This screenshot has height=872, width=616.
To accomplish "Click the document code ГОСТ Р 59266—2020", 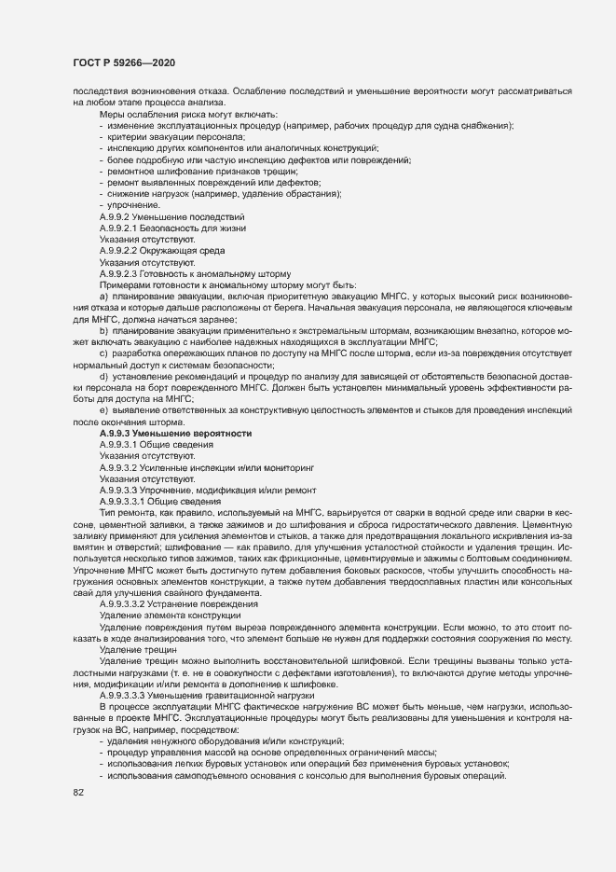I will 124,62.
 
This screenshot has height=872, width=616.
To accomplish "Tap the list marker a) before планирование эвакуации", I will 103,298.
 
